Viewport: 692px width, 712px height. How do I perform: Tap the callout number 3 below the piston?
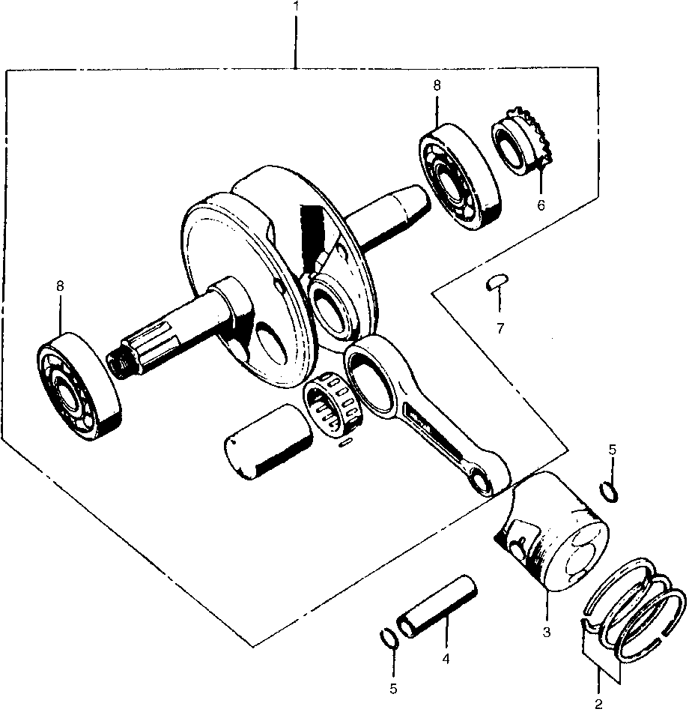pos(547,632)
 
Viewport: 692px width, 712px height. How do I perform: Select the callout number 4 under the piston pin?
pos(445,660)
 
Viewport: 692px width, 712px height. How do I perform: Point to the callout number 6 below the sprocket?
pos(540,204)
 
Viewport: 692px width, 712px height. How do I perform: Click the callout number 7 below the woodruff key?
pos(500,328)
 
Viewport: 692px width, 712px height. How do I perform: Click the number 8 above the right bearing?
pos(436,86)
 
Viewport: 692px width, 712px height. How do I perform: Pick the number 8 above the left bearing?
pos(60,286)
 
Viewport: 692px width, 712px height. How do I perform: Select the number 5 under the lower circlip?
pos(393,688)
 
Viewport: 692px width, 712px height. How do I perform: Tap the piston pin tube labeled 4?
pos(437,606)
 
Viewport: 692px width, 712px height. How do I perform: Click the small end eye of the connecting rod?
pos(482,480)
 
